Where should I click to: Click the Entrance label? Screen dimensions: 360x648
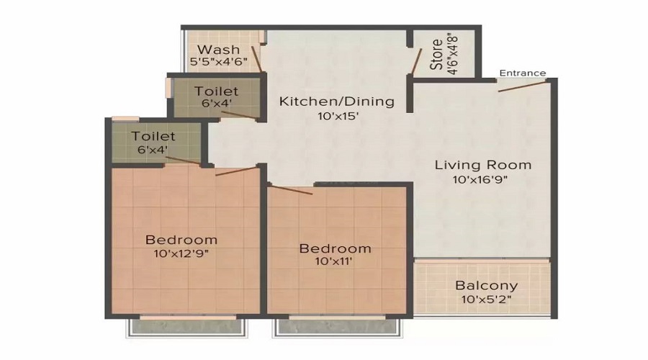[x=523, y=73]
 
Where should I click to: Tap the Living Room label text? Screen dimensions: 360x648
[x=483, y=164]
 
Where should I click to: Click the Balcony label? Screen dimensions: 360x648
[x=487, y=285]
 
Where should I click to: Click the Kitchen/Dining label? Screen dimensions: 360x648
[x=337, y=101]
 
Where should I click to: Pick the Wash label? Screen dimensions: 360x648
[x=219, y=50]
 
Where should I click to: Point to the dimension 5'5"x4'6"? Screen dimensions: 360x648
[x=219, y=63]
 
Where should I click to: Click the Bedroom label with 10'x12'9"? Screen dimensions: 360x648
[x=181, y=240]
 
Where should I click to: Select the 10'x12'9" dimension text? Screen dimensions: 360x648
[x=181, y=253]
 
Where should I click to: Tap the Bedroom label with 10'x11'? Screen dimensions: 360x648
[x=336, y=248]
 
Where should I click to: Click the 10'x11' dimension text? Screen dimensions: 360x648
[x=336, y=263]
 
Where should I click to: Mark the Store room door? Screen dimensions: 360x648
[x=415, y=61]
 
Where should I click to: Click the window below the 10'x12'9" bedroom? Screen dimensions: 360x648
[x=188, y=327]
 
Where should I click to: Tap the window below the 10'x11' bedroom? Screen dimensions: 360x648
[x=336, y=327]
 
